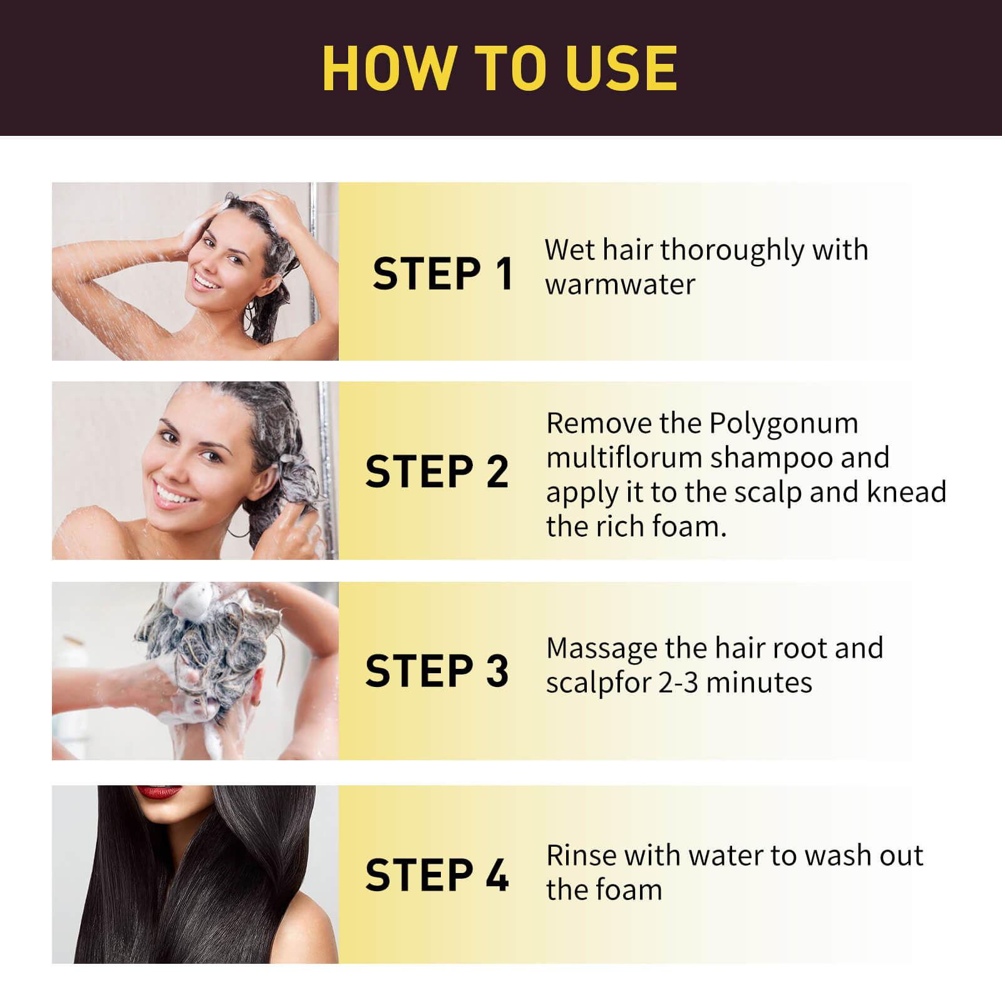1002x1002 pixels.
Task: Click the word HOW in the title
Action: coord(389,68)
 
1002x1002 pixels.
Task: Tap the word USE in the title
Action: coord(621,68)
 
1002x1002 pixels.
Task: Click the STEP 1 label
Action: coord(443,274)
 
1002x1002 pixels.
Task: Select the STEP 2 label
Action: coord(436,472)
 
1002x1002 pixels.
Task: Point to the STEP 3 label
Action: coord(436,671)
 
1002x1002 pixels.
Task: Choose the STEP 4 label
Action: coord(436,875)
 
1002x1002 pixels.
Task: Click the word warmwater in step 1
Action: coord(620,285)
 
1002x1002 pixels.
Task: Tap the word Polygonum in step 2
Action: coord(783,424)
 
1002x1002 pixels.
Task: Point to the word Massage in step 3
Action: coord(601,649)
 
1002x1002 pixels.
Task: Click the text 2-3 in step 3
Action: coord(678,683)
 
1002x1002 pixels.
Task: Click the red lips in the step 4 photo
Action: coord(159,792)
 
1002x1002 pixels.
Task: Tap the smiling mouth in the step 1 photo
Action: coord(206,280)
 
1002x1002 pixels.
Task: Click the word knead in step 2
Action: coord(906,492)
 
